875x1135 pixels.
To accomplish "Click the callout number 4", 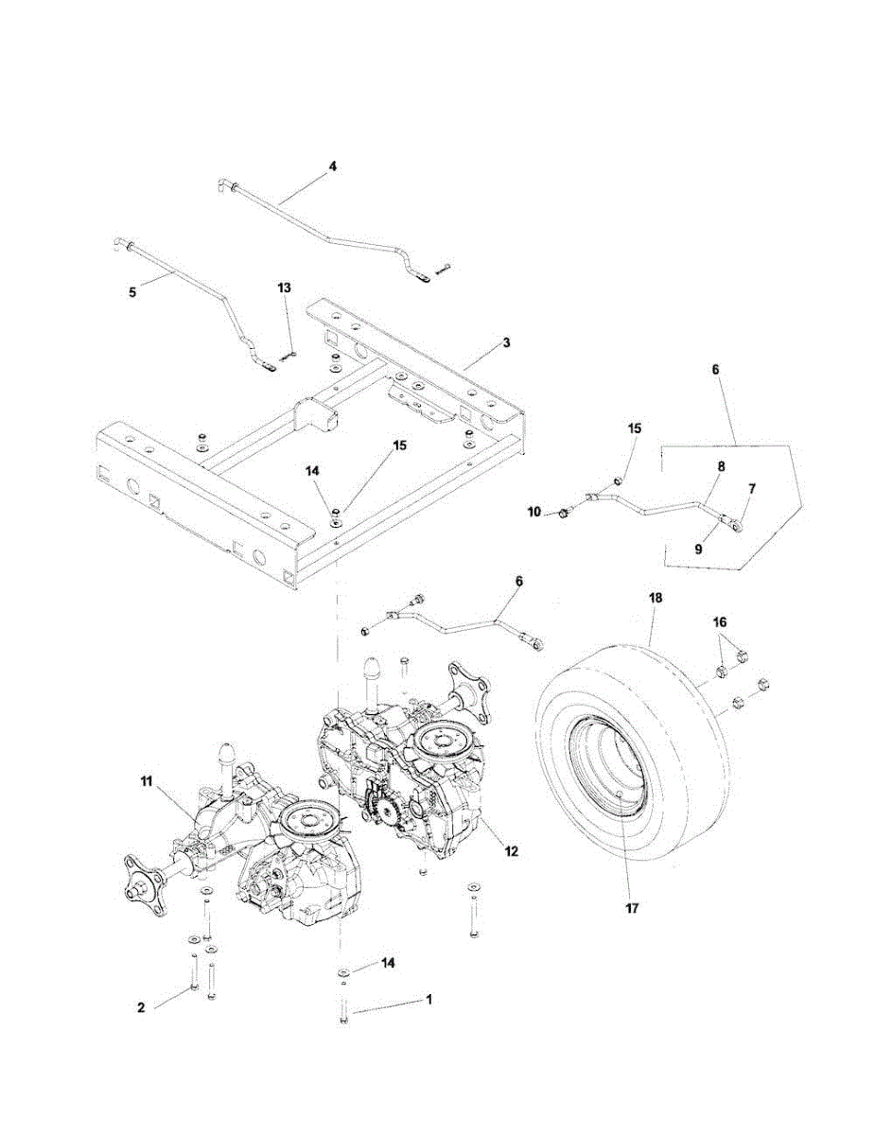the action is click(x=333, y=166).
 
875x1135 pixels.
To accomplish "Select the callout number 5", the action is click(x=132, y=291).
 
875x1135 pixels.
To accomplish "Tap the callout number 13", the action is click(x=285, y=288).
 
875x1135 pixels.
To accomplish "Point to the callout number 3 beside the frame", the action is click(x=506, y=342).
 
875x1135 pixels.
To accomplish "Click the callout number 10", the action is click(x=534, y=512).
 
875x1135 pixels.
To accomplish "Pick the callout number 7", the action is click(x=752, y=489).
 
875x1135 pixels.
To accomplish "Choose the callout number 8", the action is click(x=722, y=466).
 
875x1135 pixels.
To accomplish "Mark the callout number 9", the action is click(x=698, y=549).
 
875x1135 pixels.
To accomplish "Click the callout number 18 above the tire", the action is click(x=656, y=598).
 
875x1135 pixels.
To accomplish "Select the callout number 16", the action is click(x=720, y=622).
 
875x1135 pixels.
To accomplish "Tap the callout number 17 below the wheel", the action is click(x=632, y=908).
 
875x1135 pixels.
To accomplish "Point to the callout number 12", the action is click(x=512, y=851).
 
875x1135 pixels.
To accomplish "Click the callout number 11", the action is click(x=147, y=781).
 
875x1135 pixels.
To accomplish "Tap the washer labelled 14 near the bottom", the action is click(x=344, y=971).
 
